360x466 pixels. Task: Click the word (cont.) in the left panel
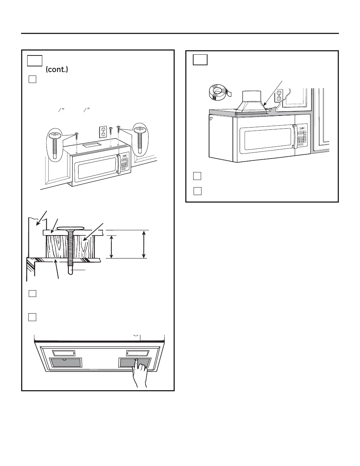pos(57,70)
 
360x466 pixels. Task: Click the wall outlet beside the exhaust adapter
pos(279,95)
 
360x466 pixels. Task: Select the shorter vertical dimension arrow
pos(111,247)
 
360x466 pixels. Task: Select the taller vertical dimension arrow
pos(144,245)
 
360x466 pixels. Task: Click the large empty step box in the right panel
pos(200,60)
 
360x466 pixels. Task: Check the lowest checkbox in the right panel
pos(197,191)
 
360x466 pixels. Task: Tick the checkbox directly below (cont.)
pos(32,79)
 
